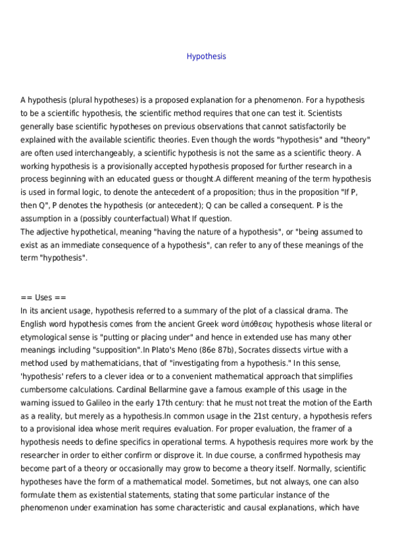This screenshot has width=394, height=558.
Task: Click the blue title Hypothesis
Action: pyautogui.click(x=206, y=57)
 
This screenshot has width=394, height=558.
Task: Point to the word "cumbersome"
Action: pyautogui.click(x=45, y=389)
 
